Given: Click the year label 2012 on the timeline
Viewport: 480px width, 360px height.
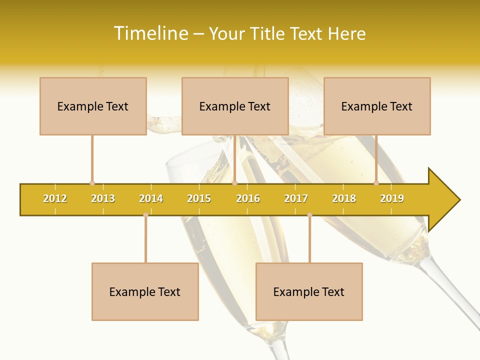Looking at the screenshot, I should coord(55,198).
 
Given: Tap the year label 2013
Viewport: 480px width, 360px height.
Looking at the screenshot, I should coord(103,198).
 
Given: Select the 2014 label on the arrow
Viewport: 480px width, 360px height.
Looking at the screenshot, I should coord(151,198).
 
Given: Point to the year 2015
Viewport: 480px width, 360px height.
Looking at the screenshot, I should coord(199,198).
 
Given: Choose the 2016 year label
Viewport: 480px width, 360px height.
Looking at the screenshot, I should coord(248,198).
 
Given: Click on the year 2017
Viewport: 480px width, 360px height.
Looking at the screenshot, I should coord(296,198).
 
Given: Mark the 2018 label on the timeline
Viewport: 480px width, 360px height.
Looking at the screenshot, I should coord(344,198).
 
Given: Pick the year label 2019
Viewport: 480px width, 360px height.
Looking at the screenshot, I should coord(392,198).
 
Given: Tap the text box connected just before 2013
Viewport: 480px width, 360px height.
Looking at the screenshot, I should coord(93,106).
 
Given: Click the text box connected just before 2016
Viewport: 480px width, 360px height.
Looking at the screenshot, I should coord(235,106).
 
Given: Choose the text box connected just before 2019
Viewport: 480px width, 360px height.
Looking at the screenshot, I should coord(377,106).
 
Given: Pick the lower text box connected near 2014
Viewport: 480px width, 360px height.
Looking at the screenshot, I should coord(145,291).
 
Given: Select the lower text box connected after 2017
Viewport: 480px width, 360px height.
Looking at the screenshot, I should coord(309,291).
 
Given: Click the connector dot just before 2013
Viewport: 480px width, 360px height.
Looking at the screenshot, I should coord(92,183).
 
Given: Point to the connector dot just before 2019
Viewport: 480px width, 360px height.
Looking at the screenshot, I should coord(376,183).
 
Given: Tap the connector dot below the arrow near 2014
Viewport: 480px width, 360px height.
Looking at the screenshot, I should coord(145,214).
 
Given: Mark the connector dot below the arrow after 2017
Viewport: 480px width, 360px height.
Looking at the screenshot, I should coord(309,214).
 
